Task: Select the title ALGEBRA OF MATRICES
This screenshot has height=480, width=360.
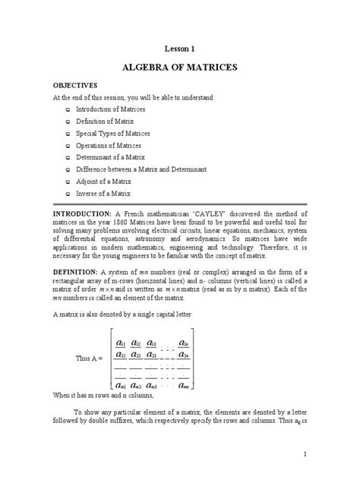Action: click(180, 68)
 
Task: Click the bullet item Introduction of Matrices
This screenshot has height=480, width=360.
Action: click(111, 109)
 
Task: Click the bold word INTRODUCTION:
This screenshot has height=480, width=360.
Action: click(82, 214)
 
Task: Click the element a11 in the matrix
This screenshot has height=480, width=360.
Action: click(122, 344)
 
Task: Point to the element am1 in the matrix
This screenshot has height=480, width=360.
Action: click(122, 387)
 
